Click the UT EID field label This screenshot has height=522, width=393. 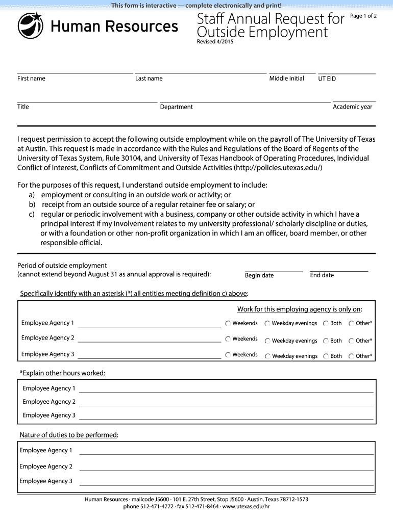pos(327,79)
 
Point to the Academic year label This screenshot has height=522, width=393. pos(352,107)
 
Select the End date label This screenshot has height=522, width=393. pos(322,275)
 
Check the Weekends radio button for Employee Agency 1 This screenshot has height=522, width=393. pos(228,323)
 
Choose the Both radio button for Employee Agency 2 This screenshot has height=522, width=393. pos(326,341)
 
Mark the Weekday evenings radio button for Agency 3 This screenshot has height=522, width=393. pos(267,356)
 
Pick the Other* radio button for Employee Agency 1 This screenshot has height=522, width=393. pos(351,323)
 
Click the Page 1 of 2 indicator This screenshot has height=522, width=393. pos(363,16)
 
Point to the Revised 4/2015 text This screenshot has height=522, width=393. pos(216,42)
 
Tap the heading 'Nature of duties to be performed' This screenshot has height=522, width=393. pos(68,435)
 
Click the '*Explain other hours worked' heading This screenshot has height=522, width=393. pos(62,373)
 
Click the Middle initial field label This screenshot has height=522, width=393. pos(286,79)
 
